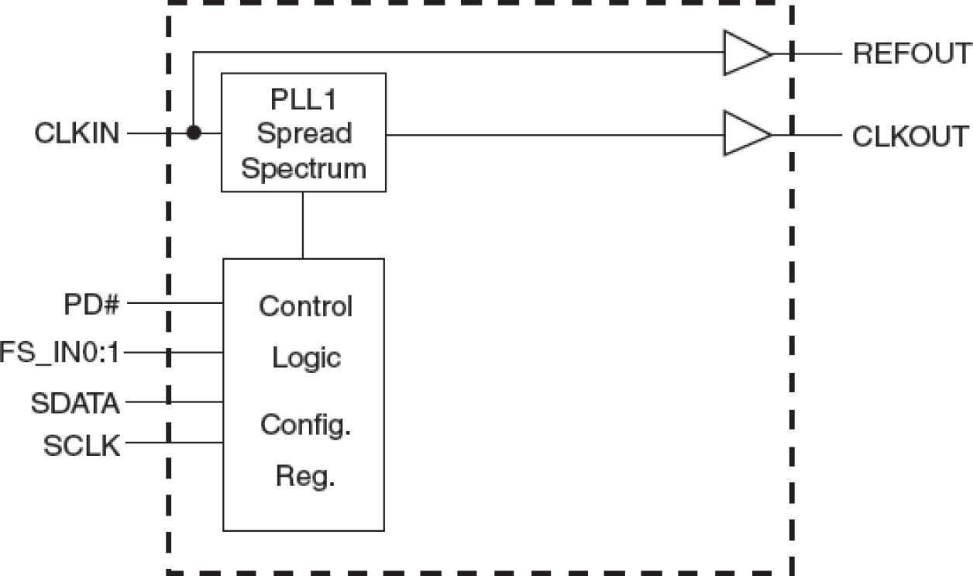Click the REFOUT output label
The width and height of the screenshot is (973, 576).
[911, 54]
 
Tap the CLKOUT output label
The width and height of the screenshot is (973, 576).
[911, 136]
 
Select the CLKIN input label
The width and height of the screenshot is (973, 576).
[77, 134]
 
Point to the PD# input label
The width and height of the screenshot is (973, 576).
[92, 303]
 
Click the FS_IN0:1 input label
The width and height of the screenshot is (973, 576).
[60, 354]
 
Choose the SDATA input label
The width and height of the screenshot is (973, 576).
[76, 402]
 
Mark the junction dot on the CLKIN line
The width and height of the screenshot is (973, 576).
[193, 133]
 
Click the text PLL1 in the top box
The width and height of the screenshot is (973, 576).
[304, 100]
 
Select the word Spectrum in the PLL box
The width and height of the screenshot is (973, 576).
[304, 168]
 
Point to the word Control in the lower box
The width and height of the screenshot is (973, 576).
[305, 306]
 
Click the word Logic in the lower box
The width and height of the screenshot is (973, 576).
[306, 357]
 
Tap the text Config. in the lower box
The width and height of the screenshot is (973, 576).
[305, 425]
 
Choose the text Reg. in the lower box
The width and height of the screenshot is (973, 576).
[305, 476]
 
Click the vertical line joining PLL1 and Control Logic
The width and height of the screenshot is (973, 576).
[303, 225]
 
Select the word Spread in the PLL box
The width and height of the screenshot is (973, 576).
[304, 133]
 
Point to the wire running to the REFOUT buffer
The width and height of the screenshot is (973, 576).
[457, 53]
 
